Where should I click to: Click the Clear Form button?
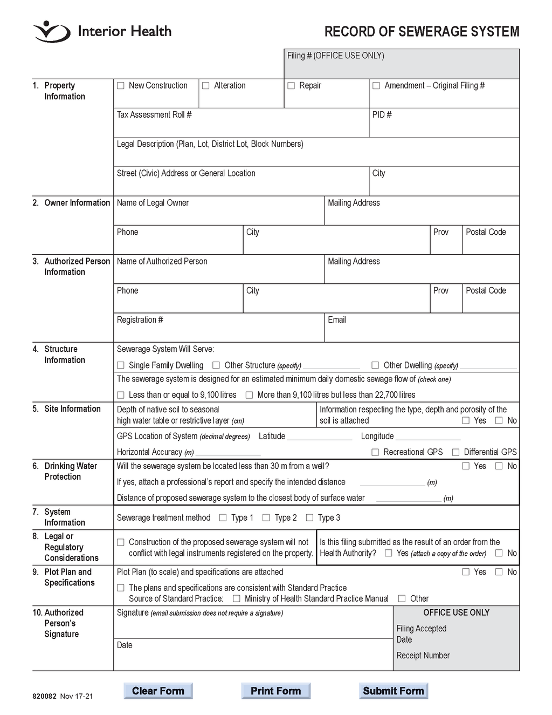click(158, 691)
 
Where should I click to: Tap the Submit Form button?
click(394, 691)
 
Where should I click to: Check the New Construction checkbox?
click(121, 86)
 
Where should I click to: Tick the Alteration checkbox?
click(206, 86)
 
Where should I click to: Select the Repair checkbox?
click(291, 86)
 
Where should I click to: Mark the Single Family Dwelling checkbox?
click(121, 365)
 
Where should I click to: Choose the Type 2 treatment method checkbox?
click(266, 518)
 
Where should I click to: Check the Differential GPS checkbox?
click(456, 452)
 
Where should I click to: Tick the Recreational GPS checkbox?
click(375, 452)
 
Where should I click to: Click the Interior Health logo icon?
click(52, 32)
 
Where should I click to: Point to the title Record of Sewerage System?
click(422, 32)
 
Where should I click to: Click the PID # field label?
click(382, 115)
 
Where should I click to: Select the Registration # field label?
click(140, 320)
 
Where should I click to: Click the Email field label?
click(337, 320)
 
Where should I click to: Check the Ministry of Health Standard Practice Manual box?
click(237, 598)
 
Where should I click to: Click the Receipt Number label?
click(423, 656)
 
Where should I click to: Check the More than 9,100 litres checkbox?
click(249, 395)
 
